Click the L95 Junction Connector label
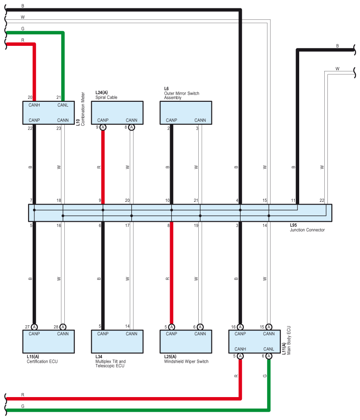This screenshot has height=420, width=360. (x=307, y=227)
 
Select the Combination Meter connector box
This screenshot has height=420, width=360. (x=48, y=112)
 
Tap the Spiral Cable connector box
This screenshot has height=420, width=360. (x=117, y=112)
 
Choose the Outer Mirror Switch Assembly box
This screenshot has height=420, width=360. (x=186, y=112)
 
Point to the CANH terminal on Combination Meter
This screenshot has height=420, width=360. (x=34, y=105)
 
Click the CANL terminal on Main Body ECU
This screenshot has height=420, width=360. (x=269, y=349)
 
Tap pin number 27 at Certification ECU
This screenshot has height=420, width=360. (x=27, y=327)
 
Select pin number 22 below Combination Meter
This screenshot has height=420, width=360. (x=30, y=128)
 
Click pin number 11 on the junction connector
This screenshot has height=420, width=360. (x=293, y=201)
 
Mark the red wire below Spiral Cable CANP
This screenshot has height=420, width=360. (x=103, y=167)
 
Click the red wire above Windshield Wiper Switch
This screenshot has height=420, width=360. (x=171, y=273)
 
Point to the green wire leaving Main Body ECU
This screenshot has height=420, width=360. (x=269, y=383)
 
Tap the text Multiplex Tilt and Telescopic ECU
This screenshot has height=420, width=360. (x=110, y=364)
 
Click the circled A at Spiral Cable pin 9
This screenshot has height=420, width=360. (x=103, y=127)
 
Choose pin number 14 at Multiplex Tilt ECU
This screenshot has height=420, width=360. (x=127, y=327)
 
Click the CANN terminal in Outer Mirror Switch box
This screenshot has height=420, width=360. (x=200, y=120)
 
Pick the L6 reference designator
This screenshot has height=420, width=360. (x=167, y=89)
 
